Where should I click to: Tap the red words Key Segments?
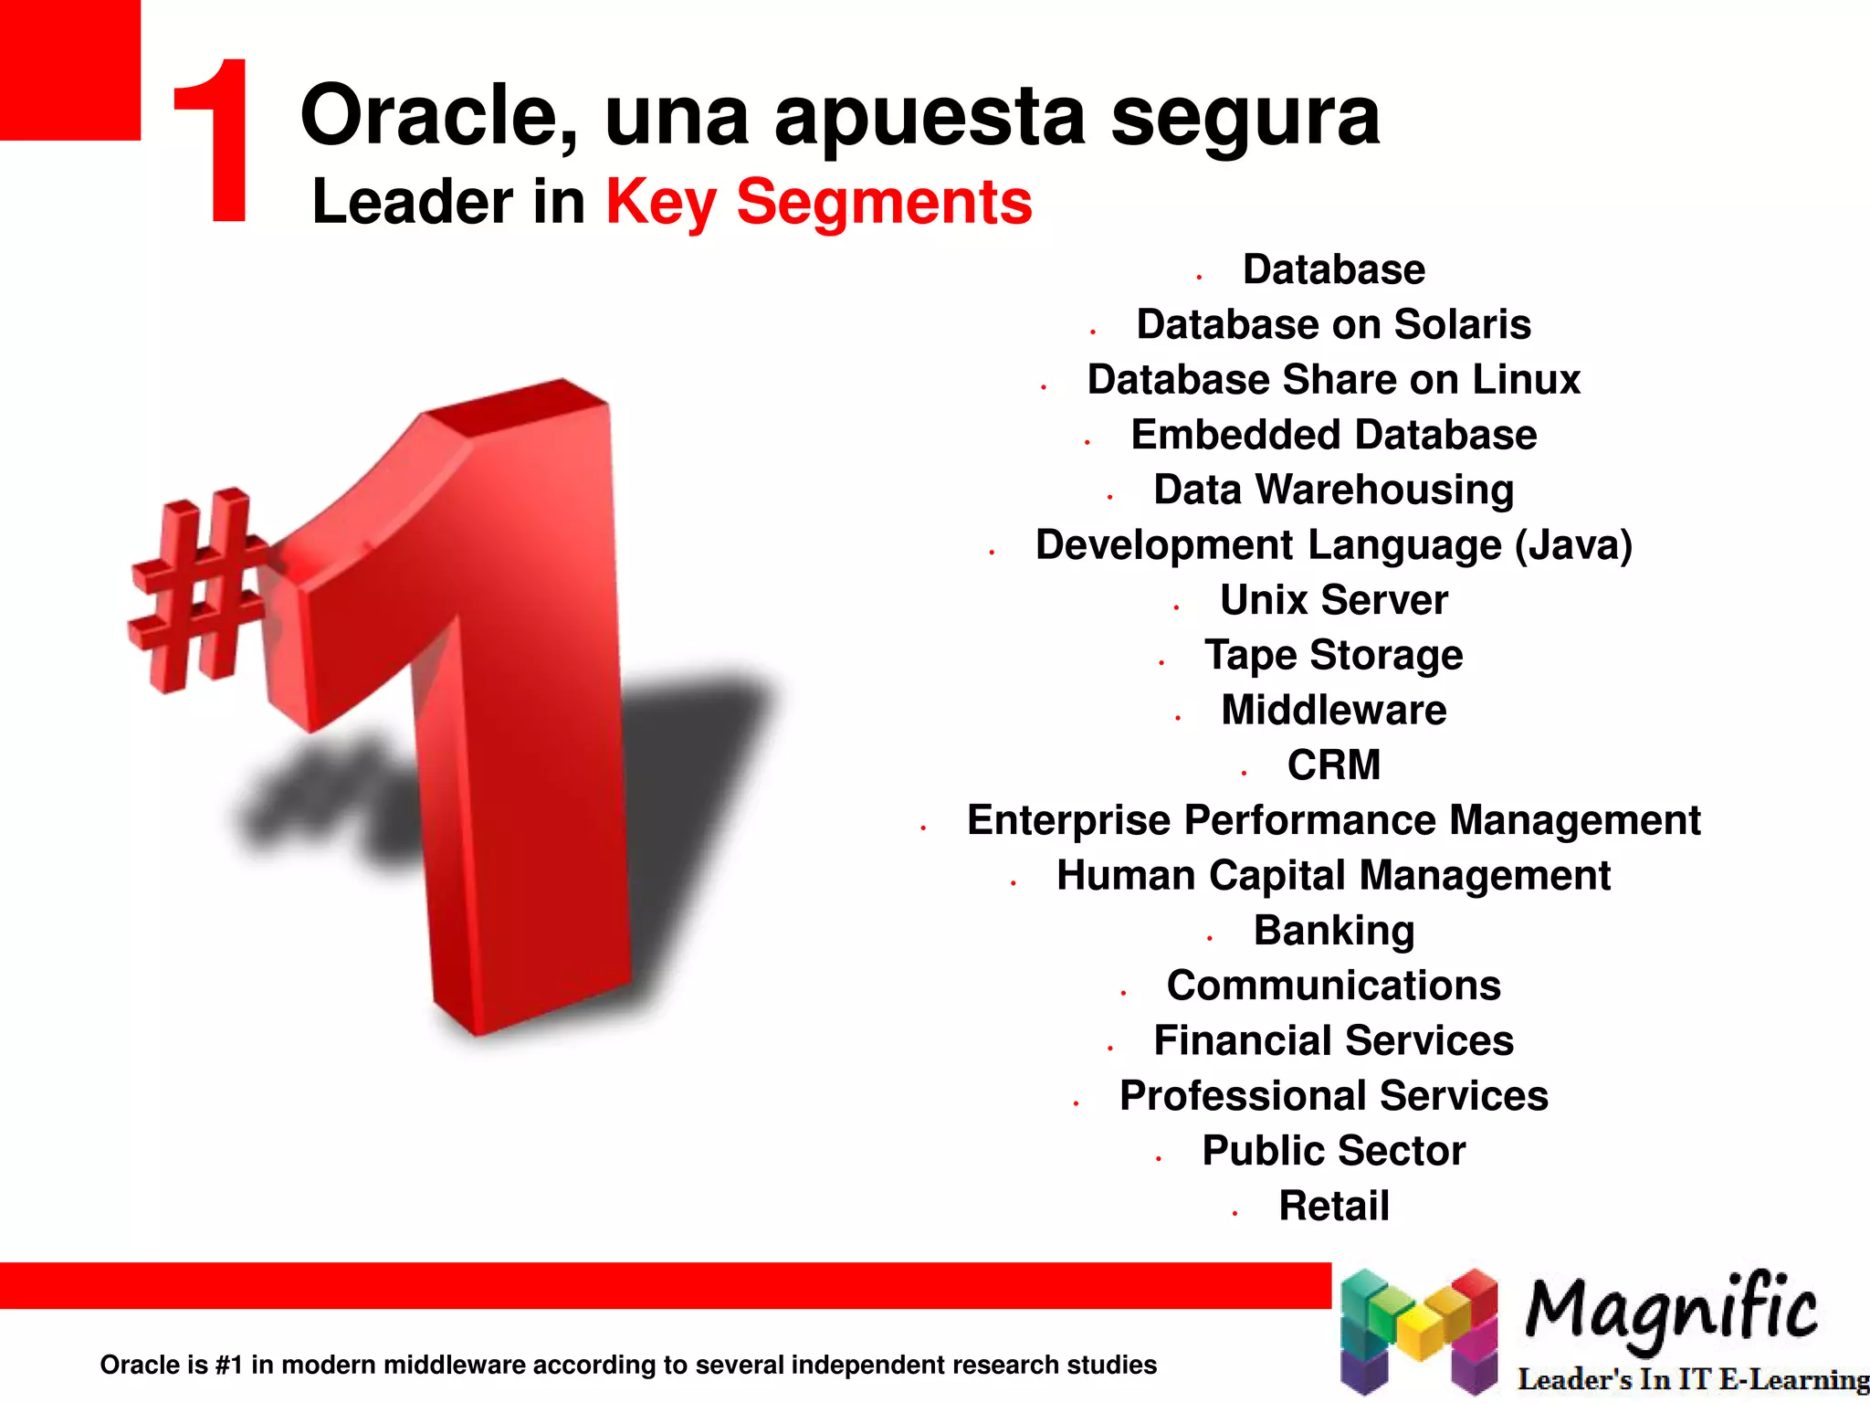coord(819,202)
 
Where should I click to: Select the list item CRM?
coord(1333,765)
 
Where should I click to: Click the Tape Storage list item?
coord(1333,656)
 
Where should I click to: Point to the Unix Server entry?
coord(1333,600)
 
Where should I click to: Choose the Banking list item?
coord(1333,931)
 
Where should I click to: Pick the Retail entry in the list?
coord(1333,1206)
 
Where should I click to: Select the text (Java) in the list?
coord(1573,545)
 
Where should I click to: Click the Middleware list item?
coord(1333,711)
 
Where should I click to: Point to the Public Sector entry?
coord(1333,1151)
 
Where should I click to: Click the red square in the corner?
coord(69,69)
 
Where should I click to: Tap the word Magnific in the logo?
coord(1670,1309)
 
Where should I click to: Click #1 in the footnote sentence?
coord(229,1365)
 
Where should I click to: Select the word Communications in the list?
coord(1333,986)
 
